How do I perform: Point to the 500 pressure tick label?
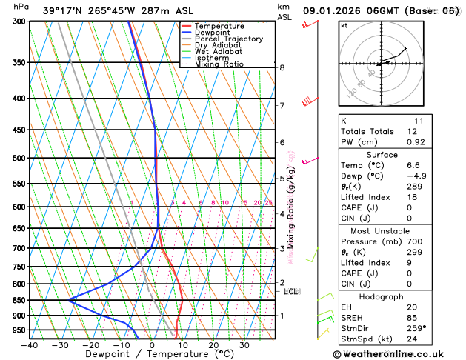click(19, 158)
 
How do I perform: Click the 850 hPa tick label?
click(19, 300)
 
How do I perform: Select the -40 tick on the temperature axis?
click(30, 345)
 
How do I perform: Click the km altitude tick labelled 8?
click(282, 67)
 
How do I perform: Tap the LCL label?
click(290, 292)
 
